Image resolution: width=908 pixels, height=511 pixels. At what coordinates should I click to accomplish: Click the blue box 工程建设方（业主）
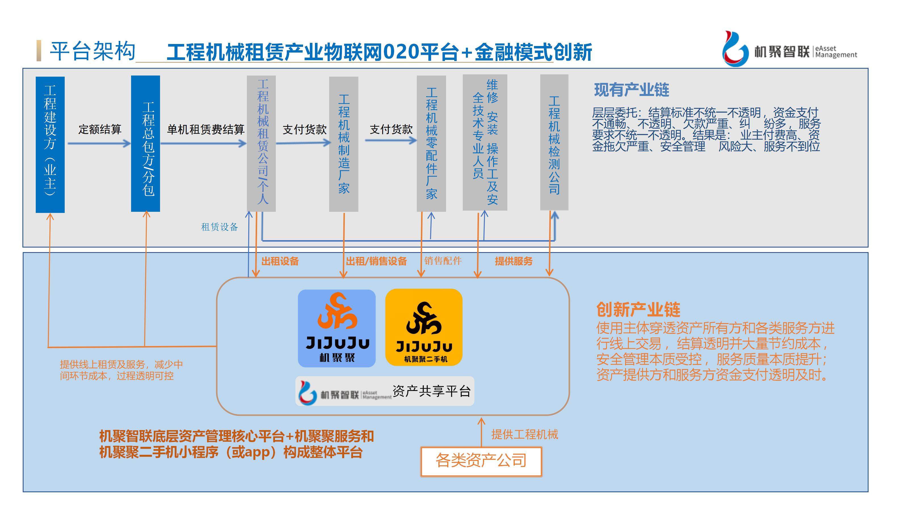[x=50, y=144]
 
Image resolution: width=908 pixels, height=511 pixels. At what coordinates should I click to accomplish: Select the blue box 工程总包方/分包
[x=145, y=144]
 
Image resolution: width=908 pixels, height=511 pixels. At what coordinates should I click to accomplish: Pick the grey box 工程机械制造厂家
[x=344, y=144]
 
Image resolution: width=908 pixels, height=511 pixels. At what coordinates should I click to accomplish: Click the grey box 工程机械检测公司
[x=554, y=143]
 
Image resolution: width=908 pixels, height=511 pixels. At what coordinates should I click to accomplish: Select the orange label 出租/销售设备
[x=377, y=261]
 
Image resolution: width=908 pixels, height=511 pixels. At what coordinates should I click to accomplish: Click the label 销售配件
[x=443, y=261]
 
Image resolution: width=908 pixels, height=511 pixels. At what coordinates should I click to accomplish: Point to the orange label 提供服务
[x=514, y=261]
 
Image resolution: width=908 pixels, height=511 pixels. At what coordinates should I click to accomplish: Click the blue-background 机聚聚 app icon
[x=337, y=328]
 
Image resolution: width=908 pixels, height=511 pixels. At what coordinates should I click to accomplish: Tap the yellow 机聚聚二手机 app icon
[x=424, y=327]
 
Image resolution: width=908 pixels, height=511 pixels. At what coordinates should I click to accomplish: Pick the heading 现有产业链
[x=632, y=90]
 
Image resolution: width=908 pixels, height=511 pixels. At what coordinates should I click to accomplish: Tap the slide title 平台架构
[x=92, y=51]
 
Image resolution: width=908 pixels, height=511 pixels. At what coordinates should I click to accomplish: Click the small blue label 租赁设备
[x=220, y=227]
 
